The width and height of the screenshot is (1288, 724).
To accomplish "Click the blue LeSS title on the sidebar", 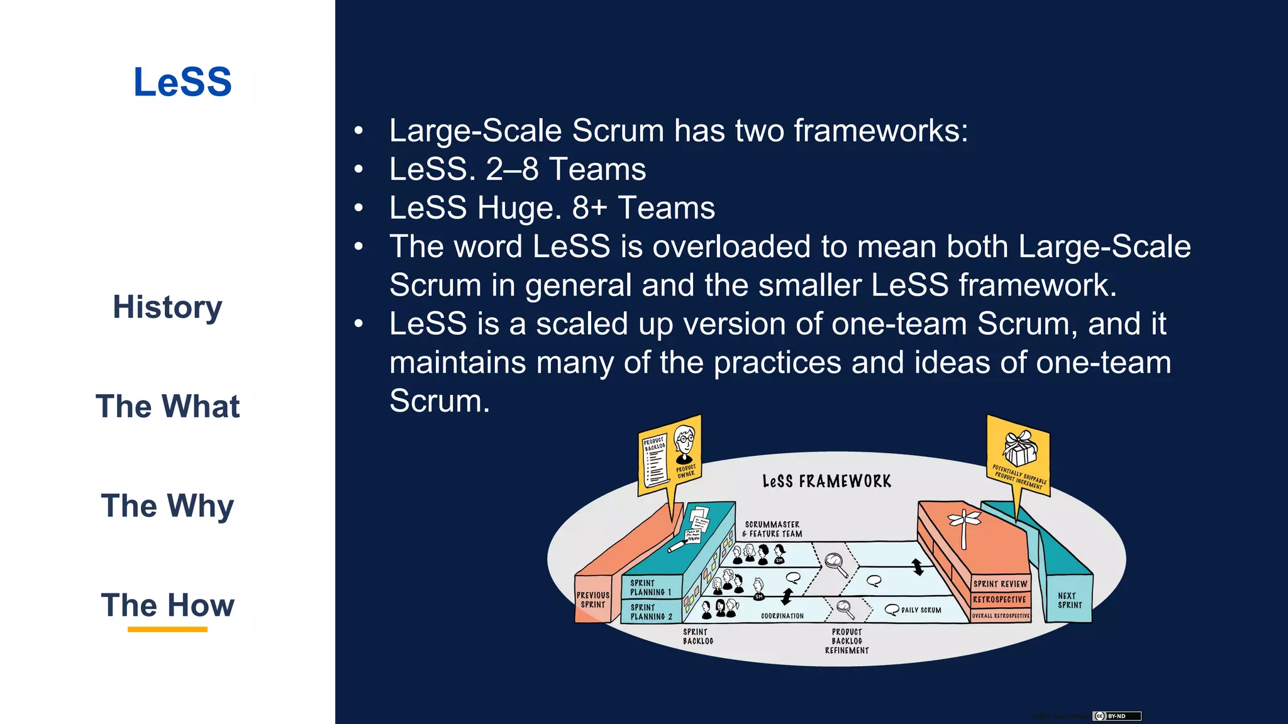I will click(x=182, y=82).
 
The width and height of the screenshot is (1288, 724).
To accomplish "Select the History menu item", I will click(x=167, y=307).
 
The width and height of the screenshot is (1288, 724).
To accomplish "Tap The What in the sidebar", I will click(x=167, y=407).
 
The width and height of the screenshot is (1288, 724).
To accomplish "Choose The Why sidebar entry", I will click(x=167, y=506).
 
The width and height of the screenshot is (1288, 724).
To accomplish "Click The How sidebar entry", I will click(x=167, y=605).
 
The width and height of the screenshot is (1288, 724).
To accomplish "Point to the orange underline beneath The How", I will click(x=167, y=629).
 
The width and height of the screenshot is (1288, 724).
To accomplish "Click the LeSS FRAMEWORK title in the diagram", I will click(x=826, y=481).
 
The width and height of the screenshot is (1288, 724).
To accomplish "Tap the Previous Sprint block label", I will click(x=593, y=600).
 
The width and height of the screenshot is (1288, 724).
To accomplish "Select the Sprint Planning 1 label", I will click(x=650, y=588).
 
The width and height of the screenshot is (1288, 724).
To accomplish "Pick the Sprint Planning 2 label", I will click(x=651, y=612).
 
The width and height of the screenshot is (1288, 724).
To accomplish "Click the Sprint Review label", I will click(x=1000, y=584).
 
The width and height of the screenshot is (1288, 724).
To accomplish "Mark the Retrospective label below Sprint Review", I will click(x=999, y=600).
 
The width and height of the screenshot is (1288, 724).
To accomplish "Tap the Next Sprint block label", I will click(x=1070, y=600).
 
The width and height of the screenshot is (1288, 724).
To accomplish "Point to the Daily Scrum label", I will click(x=921, y=610).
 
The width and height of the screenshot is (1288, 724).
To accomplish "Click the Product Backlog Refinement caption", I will click(x=847, y=641).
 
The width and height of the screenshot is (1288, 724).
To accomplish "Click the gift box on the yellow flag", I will click(x=1019, y=447).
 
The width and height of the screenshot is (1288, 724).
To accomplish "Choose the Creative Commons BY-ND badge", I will click(x=1116, y=716).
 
